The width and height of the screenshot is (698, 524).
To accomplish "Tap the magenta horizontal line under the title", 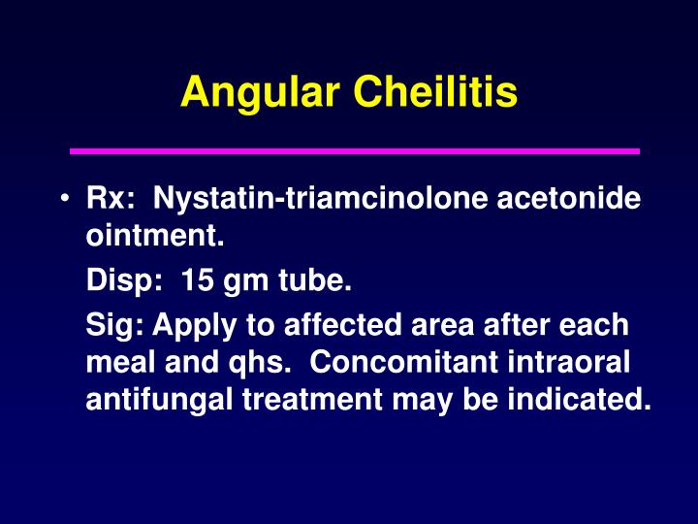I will [355, 151].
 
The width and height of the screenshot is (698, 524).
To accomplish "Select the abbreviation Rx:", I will [106, 200].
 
